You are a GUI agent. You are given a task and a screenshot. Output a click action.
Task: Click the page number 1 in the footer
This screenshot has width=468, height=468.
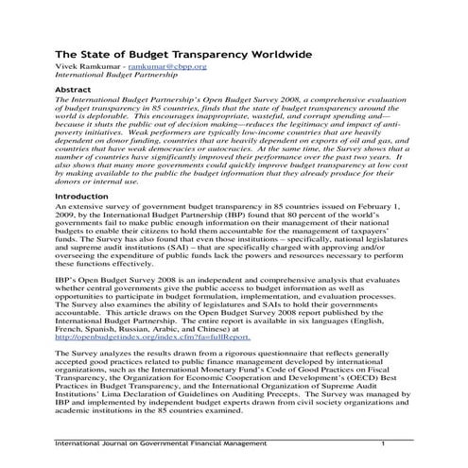point(383,443)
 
